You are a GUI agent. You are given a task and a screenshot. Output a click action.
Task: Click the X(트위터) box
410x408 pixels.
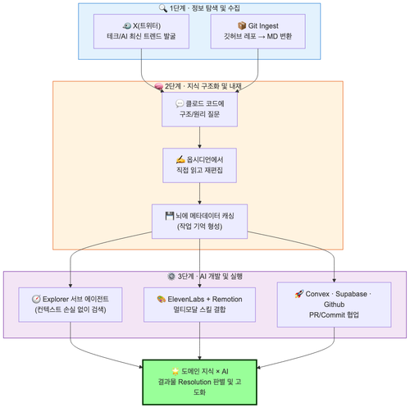tap(141, 31)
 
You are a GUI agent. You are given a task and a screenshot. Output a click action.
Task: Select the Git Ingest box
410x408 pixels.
tap(258, 31)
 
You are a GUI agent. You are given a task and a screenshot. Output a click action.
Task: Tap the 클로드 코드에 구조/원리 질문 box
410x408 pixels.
tap(199, 109)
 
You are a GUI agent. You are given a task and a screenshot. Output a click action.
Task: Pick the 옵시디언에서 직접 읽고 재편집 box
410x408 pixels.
tap(199, 165)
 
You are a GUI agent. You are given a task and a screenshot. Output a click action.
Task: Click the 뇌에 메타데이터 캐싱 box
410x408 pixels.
tap(199, 221)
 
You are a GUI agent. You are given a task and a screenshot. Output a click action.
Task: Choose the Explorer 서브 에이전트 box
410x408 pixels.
tap(71, 305)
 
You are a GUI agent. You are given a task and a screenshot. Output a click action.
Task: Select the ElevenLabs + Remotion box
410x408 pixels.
tap(199, 305)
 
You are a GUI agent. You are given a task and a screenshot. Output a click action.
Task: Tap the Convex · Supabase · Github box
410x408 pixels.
tap(334, 305)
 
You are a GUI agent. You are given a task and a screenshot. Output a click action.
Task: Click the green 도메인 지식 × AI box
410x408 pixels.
tap(199, 382)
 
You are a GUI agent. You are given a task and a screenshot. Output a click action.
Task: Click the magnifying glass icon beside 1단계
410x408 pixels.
tap(163, 8)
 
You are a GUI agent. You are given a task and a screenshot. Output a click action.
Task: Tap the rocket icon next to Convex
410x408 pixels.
tap(299, 294)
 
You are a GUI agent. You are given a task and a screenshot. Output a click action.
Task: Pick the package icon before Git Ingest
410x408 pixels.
tap(242, 25)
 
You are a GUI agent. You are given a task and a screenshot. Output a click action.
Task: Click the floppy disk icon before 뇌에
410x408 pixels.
tap(170, 216)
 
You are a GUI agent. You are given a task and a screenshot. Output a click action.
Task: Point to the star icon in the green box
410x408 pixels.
tap(175, 371)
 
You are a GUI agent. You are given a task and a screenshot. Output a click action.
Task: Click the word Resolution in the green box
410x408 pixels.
tap(194, 382)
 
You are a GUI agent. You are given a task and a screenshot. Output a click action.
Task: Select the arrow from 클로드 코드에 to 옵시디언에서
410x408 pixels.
tap(199, 137)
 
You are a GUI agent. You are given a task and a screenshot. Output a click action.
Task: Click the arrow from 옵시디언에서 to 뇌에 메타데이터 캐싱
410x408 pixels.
tap(199, 193)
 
